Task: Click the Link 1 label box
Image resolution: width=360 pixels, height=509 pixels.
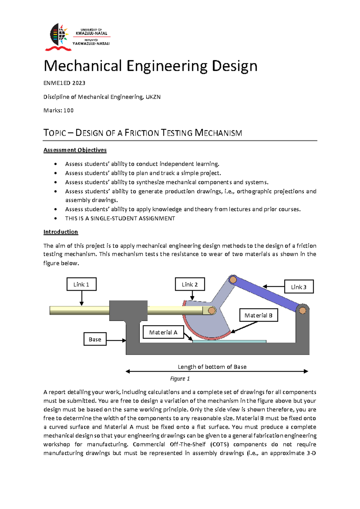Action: [81, 284]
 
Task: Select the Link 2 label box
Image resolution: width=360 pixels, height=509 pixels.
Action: [190, 284]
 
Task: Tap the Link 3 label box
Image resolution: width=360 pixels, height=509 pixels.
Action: [299, 287]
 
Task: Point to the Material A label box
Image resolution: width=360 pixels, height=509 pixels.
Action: [163, 332]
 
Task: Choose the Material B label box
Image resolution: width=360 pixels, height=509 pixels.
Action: [259, 315]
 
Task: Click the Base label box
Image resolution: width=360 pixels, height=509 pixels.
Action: [95, 339]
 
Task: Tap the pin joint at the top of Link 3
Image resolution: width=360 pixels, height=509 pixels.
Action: [233, 280]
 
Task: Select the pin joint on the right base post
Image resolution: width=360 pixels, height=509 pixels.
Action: [302, 310]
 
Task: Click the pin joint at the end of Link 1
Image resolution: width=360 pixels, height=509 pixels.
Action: [211, 310]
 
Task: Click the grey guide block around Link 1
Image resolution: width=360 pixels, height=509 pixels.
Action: [128, 310]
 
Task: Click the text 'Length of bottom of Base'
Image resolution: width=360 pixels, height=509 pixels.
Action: [212, 367]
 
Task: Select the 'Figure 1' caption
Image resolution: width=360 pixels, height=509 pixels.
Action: [180, 379]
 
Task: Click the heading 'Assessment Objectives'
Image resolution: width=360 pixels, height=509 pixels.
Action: [75, 150]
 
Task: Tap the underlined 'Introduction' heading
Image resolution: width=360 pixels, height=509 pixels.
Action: [61, 232]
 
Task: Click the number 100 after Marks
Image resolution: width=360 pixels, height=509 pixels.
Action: [69, 110]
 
